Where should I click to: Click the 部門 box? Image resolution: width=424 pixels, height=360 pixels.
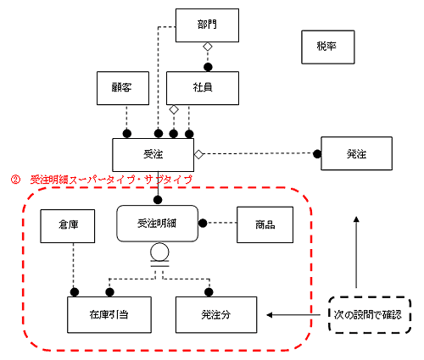click(x=207, y=25)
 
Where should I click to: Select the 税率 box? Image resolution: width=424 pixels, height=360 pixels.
click(x=328, y=47)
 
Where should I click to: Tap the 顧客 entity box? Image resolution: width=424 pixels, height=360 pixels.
click(x=123, y=88)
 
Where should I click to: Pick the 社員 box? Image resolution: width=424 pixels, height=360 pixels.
click(x=203, y=88)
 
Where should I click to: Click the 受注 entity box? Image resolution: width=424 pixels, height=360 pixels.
click(x=153, y=155)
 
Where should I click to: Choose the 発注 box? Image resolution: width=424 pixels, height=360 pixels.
click(x=356, y=153)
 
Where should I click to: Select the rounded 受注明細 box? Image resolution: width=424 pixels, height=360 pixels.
click(x=158, y=224)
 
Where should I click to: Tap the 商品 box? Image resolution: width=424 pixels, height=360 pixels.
click(x=265, y=224)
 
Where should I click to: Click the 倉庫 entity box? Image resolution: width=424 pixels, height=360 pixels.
click(x=68, y=226)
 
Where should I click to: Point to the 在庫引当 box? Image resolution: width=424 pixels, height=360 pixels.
click(x=109, y=315)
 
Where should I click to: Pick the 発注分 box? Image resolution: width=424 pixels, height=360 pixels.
click(x=216, y=315)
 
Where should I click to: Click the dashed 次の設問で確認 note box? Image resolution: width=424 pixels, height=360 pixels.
click(x=370, y=315)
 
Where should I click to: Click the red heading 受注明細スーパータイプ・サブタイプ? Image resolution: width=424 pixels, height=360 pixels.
click(x=111, y=180)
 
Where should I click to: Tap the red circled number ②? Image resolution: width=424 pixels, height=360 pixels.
click(x=15, y=180)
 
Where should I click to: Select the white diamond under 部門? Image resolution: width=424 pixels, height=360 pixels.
click(x=208, y=47)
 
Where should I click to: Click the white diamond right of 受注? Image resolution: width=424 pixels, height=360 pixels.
click(x=198, y=154)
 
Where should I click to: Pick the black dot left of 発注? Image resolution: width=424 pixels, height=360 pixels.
click(x=317, y=154)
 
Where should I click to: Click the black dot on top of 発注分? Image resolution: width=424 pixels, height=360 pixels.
click(x=209, y=292)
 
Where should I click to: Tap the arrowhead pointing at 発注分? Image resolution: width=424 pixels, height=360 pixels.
click(x=270, y=315)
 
